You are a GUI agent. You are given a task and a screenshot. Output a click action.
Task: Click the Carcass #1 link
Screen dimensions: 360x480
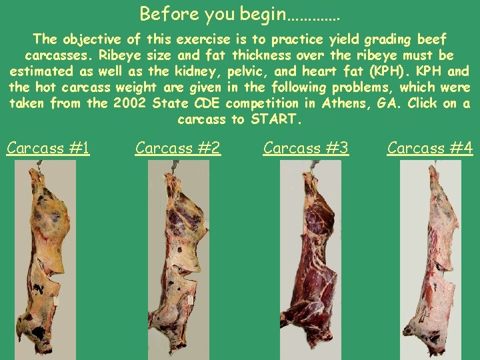coord(48,147)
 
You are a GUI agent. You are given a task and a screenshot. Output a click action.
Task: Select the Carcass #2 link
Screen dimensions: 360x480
coord(178,147)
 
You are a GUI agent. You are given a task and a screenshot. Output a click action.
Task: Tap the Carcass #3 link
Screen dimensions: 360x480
coord(306,147)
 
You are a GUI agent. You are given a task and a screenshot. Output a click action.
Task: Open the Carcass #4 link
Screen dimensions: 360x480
coord(430,147)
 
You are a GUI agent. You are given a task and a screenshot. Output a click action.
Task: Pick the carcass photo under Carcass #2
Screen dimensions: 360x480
coord(175,260)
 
